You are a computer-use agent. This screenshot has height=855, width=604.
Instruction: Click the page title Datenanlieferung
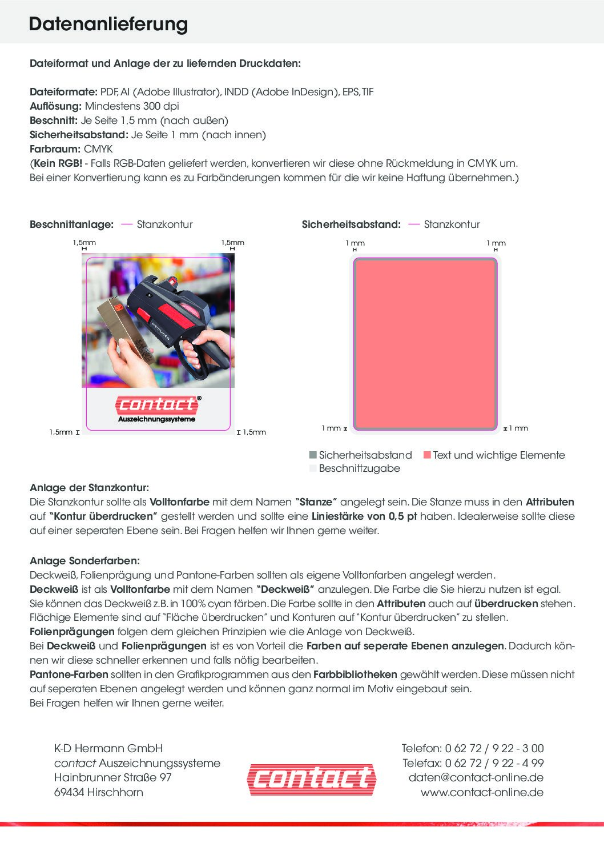pyautogui.click(x=108, y=24)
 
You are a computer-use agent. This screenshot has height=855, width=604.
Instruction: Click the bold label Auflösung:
pyautogui.click(x=56, y=106)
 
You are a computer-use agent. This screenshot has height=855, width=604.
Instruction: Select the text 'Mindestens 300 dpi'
pyautogui.click(x=132, y=106)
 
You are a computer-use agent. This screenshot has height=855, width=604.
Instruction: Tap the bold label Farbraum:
pyautogui.click(x=55, y=149)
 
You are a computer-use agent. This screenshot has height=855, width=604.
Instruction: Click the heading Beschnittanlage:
pyautogui.click(x=71, y=224)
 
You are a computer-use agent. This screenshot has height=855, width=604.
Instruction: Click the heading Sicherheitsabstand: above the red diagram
pyautogui.click(x=351, y=224)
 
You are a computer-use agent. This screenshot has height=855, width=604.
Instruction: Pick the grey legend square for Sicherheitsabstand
pyautogui.click(x=313, y=455)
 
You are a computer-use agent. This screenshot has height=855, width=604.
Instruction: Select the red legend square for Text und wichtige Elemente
pyautogui.click(x=427, y=455)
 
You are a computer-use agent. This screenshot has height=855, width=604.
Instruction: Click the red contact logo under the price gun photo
pyautogui.click(x=157, y=405)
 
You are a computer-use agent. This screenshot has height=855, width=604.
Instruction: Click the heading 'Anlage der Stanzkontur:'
pyautogui.click(x=89, y=488)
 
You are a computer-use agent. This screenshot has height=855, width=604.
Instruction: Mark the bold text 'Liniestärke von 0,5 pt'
pyautogui.click(x=364, y=516)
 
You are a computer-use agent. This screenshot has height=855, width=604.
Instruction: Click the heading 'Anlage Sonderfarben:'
pyautogui.click(x=84, y=561)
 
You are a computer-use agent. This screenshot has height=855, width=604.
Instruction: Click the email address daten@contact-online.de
pyautogui.click(x=476, y=777)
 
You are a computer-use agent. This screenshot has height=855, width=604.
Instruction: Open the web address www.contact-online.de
pyautogui.click(x=482, y=792)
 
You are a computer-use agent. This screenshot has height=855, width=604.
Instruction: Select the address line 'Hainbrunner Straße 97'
pyautogui.click(x=113, y=777)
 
